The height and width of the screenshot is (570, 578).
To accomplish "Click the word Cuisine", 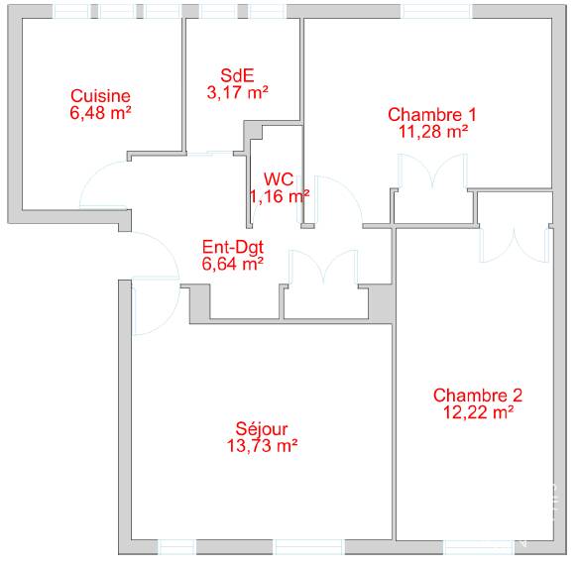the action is pyautogui.click(x=100, y=96).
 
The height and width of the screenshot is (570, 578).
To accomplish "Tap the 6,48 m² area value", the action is pyautogui.click(x=100, y=112).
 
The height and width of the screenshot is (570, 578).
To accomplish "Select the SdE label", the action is pyautogui.click(x=237, y=75).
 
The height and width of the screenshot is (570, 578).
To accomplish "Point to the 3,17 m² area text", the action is pyautogui.click(x=237, y=92).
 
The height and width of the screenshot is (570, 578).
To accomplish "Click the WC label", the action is pyautogui.click(x=279, y=179).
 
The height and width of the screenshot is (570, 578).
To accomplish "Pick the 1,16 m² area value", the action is pyautogui.click(x=280, y=196).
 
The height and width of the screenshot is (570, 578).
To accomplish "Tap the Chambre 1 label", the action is pyautogui.click(x=432, y=115).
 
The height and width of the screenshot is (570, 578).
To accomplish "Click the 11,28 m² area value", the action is pyautogui.click(x=433, y=131).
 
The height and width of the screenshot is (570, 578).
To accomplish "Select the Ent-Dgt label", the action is pyautogui.click(x=233, y=247).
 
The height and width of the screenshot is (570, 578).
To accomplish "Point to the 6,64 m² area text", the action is pyautogui.click(x=233, y=264).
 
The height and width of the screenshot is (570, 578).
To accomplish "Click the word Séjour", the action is pyautogui.click(x=262, y=429).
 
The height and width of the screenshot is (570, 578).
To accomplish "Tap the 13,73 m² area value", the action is pyautogui.click(x=262, y=445).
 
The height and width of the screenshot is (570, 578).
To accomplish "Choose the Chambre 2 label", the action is pyautogui.click(x=478, y=396).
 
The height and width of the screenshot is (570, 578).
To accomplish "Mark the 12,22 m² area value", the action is pyautogui.click(x=478, y=412).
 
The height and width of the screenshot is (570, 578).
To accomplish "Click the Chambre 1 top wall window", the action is pyautogui.click(x=436, y=11).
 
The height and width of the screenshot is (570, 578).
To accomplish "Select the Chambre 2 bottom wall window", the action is pyautogui.click(x=479, y=547).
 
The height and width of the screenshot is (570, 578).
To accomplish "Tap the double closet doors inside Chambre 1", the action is pyautogui.click(x=432, y=170).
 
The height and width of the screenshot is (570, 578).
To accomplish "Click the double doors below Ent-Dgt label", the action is pyautogui.click(x=323, y=267).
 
